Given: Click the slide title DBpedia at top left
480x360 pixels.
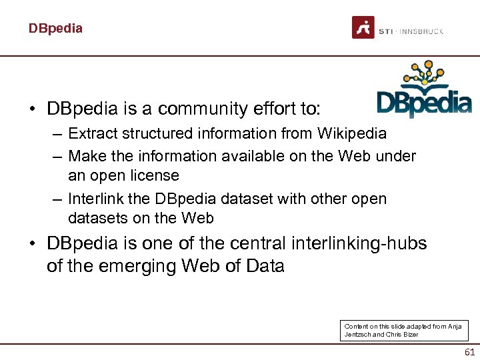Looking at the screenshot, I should click(x=55, y=29).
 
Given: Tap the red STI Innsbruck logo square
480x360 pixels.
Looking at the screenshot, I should click(x=363, y=27).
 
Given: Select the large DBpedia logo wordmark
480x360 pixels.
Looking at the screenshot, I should click(x=424, y=103).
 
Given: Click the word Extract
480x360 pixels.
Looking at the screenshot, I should click(x=93, y=133).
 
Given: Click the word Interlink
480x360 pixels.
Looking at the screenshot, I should click(x=99, y=199).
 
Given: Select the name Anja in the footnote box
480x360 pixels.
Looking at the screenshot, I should click(x=454, y=326).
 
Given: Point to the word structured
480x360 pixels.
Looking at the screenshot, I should click(x=155, y=133).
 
